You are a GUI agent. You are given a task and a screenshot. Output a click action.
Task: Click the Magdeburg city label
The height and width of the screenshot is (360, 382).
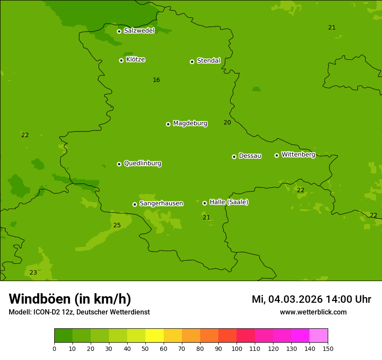190,124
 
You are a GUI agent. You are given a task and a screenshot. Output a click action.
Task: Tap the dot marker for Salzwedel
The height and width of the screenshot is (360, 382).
119,31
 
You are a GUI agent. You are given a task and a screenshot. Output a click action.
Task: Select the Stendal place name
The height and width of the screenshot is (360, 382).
208,61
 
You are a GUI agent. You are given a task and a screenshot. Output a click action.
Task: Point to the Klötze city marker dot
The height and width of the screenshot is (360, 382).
121,60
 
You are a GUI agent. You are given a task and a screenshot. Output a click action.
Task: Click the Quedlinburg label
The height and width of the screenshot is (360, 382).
142,164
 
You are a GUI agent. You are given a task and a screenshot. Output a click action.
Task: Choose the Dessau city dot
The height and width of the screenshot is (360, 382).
234,157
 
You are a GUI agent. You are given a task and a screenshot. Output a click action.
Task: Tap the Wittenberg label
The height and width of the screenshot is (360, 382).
298,154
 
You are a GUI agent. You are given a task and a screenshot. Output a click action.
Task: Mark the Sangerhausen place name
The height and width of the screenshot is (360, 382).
161,203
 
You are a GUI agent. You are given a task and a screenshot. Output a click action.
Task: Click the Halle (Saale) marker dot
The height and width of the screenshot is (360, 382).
204,203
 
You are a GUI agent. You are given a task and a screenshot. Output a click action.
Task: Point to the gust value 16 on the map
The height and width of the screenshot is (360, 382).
156,80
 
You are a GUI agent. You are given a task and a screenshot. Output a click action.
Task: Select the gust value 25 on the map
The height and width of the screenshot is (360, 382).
117,226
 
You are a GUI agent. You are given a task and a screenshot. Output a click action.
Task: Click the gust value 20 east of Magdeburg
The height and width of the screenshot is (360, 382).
227,123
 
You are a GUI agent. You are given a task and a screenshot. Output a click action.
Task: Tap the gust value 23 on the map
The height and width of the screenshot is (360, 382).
33,273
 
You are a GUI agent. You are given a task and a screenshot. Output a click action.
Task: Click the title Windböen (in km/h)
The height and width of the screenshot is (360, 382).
70,299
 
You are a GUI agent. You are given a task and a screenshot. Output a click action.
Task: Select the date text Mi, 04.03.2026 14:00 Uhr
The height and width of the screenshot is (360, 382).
311,299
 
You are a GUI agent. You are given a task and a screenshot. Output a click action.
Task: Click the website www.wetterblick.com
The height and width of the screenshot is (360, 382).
313,312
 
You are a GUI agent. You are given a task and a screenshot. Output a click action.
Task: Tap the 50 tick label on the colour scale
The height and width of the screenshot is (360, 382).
145,348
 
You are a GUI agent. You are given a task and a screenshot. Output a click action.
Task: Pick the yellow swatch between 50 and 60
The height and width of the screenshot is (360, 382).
155,336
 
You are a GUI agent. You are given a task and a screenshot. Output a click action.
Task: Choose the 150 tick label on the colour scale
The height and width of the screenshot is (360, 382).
328,348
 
